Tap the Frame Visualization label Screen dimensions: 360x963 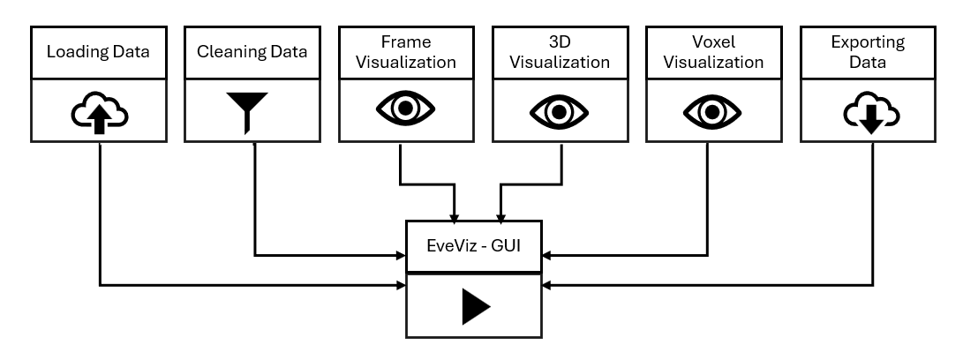[405, 52]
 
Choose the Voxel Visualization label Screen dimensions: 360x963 [714, 52]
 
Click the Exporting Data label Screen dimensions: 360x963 [868, 52]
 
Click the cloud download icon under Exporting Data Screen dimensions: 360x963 [868, 112]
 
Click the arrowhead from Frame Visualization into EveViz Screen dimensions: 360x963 [455, 215]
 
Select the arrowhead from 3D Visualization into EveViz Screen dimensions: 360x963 [502, 215]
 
